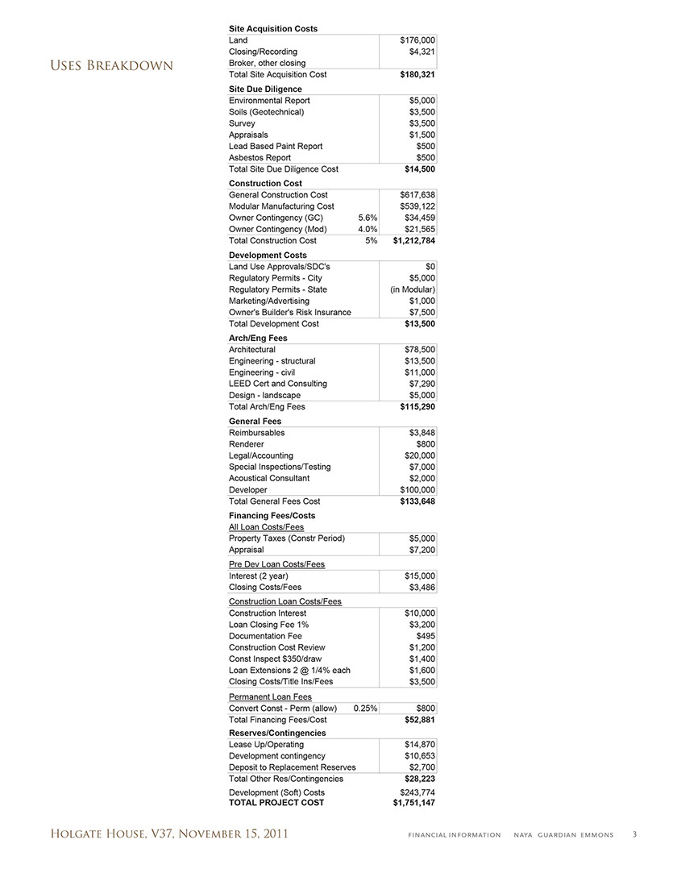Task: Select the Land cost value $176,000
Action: [418, 40]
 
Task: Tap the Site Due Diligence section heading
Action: [265, 89]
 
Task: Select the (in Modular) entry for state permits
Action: [413, 289]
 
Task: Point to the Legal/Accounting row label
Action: [261, 455]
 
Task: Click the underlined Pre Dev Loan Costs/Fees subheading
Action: [276, 564]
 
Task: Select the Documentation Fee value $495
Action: [424, 636]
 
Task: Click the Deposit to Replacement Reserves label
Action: [292, 767]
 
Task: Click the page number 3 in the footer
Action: [634, 834]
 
